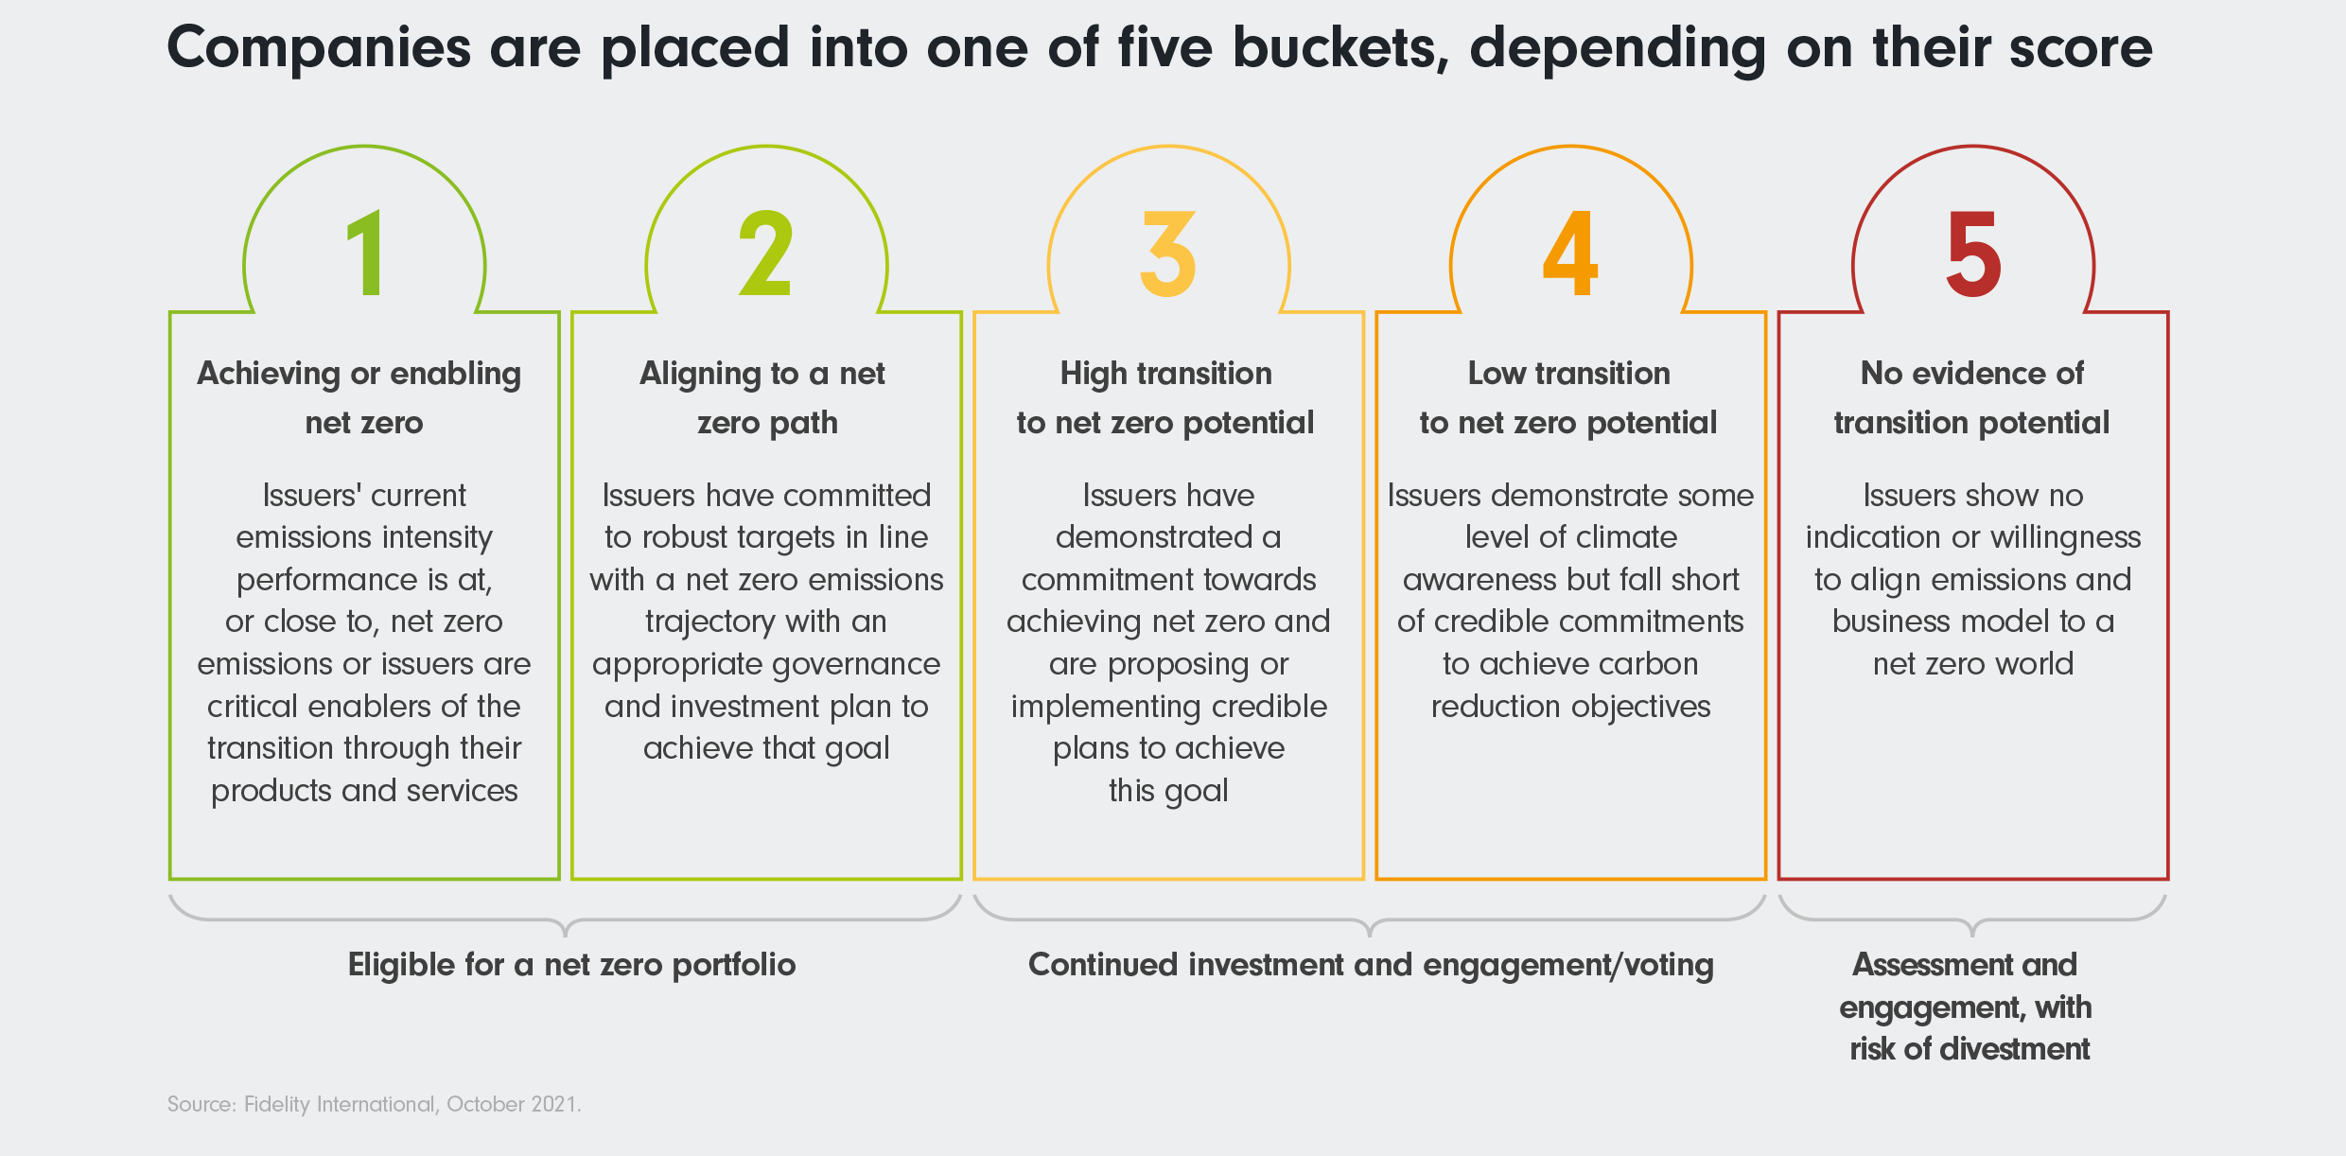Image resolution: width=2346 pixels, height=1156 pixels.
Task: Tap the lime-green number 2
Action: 765,253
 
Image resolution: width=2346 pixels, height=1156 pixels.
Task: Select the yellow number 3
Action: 1168,253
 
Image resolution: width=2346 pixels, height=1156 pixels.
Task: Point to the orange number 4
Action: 1570,253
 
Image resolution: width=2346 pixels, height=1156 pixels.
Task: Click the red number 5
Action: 1973,253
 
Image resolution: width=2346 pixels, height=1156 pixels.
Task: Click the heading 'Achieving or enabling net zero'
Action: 360,397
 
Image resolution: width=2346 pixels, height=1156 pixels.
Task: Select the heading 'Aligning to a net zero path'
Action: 764,397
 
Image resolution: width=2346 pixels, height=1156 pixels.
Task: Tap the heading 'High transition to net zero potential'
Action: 1165,397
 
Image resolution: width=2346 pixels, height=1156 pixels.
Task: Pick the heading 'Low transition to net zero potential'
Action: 1568,397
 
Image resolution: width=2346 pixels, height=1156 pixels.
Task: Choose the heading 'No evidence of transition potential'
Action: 1972,397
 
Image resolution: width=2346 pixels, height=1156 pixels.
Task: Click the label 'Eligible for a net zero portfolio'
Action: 571,965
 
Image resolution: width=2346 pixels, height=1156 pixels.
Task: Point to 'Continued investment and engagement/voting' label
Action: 1371,965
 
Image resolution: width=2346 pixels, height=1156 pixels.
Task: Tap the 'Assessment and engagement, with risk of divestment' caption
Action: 1967,1007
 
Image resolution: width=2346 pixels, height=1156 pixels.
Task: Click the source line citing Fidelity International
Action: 375,1104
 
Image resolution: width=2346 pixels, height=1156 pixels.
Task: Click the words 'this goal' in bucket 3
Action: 1168,791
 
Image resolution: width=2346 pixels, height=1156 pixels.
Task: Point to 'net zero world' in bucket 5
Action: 1973,664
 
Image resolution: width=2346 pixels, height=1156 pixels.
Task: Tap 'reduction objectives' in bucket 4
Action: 1570,707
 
